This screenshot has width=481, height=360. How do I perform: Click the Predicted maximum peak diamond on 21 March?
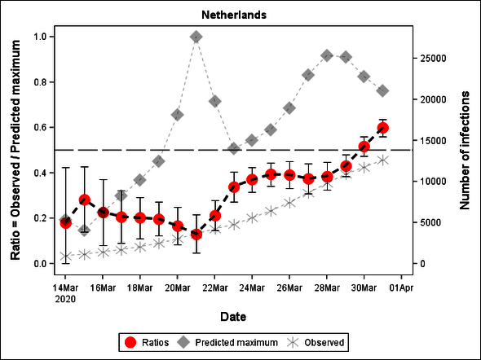tap(196, 37)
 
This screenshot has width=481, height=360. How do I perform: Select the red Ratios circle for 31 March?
tap(382, 128)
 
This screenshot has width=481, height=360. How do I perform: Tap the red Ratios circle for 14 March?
tap(65, 222)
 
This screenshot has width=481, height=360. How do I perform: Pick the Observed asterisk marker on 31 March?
tap(382, 160)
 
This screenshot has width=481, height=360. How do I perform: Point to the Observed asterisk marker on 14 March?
tap(65, 257)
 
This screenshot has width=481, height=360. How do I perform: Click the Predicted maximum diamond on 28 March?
tap(327, 55)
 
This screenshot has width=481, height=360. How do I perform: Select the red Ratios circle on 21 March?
tap(196, 235)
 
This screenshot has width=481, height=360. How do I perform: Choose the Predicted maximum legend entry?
tap(230, 342)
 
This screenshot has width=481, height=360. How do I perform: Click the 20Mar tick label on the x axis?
tap(177, 288)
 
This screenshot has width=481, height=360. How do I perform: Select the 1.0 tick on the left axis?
tap(39, 37)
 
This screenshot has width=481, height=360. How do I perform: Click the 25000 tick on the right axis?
tap(432, 59)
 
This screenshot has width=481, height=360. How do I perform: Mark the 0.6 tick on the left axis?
tap(39, 128)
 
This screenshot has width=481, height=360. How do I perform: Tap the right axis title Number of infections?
tap(466, 150)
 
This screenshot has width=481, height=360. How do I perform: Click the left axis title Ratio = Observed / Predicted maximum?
tap(15, 150)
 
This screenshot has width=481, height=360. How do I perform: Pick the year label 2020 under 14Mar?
tap(65, 298)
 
